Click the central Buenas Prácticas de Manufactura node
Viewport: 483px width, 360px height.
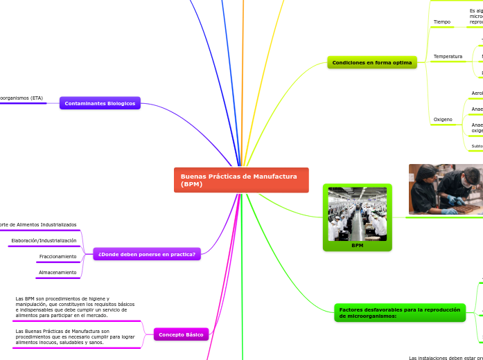point(240,180)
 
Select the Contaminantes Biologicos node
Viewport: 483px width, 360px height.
point(100,103)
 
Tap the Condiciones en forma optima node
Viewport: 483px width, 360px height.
point(372,63)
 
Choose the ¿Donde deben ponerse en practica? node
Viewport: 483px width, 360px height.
point(146,254)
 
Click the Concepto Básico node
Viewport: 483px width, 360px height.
point(180,334)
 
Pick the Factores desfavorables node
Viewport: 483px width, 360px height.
point(398,313)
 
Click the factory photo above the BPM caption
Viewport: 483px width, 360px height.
point(357,213)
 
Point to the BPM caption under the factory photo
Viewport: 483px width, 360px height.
point(357,245)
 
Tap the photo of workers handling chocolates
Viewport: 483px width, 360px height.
point(445,189)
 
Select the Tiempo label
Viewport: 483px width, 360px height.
point(441,22)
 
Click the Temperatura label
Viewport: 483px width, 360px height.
point(447,56)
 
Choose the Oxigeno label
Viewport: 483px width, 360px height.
point(442,120)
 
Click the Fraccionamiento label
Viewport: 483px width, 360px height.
point(58,257)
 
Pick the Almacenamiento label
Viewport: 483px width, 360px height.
point(58,273)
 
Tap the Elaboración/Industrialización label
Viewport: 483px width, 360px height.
point(44,241)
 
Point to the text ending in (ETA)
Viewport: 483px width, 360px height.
point(21,98)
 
